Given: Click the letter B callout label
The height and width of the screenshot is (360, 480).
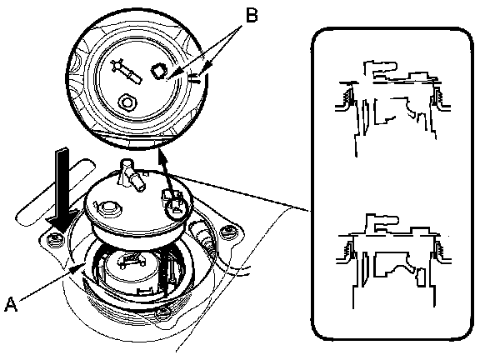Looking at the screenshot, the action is pyautogui.click(x=252, y=15).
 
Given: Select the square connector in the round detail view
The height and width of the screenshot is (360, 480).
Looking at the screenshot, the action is pyautogui.click(x=159, y=71).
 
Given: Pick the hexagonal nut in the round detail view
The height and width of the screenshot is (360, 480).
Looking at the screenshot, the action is pyautogui.click(x=127, y=102).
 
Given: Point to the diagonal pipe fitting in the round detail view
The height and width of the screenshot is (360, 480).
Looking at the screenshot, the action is pyautogui.click(x=126, y=71).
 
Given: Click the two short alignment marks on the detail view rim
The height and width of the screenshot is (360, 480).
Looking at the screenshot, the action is pyautogui.click(x=195, y=79).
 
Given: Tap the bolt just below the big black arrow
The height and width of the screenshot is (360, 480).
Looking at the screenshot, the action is pyautogui.click(x=55, y=239).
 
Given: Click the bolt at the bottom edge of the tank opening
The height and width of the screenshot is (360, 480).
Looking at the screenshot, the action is pyautogui.click(x=162, y=313).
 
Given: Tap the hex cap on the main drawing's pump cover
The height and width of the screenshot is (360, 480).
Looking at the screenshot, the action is pyautogui.click(x=107, y=209).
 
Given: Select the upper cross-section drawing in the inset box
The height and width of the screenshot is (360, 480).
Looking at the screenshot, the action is pyautogui.click(x=392, y=108).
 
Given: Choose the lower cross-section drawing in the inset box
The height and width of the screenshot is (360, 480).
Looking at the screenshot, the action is pyautogui.click(x=393, y=261).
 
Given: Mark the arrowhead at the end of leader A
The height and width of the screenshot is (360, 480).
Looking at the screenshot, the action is pyautogui.click(x=78, y=267).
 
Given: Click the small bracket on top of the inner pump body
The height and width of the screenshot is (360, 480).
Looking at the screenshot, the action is pyautogui.click(x=131, y=262).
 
